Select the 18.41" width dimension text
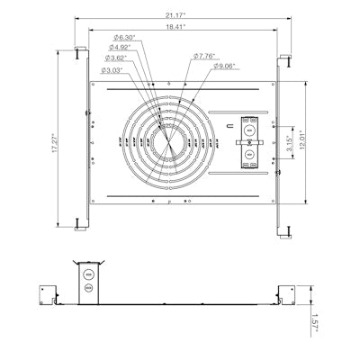(181, 27)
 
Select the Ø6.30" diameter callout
(121, 37)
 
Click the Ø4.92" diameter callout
(121, 47)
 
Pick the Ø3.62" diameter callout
(117, 57)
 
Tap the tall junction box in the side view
(88, 280)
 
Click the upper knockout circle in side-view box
(88, 271)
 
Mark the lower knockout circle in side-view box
(88, 289)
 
